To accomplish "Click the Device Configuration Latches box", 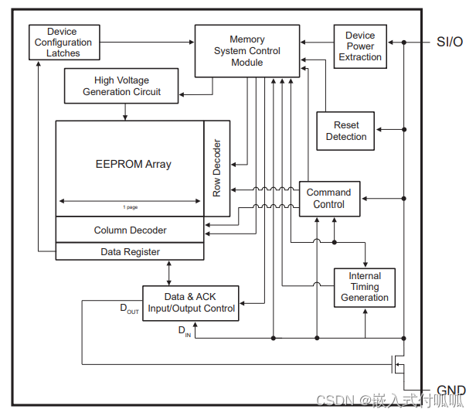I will tap(63, 43).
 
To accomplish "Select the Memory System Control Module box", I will tap(247, 51).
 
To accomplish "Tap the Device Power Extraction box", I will tap(359, 46).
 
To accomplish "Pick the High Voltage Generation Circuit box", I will tap(122, 86).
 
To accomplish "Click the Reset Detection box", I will tap(345, 131).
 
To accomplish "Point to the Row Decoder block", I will tap(217, 168).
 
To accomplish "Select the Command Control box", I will tap(328, 199).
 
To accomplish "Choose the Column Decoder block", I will tap(130, 230).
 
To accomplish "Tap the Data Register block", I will tap(130, 251).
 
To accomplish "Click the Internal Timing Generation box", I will tap(365, 287).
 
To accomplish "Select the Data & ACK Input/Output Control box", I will tap(190, 302).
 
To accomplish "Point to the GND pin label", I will tap(451, 390).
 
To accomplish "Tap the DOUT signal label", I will tap(129, 309).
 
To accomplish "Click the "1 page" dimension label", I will tap(130, 207).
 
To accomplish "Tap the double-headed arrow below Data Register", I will tap(169, 272).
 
